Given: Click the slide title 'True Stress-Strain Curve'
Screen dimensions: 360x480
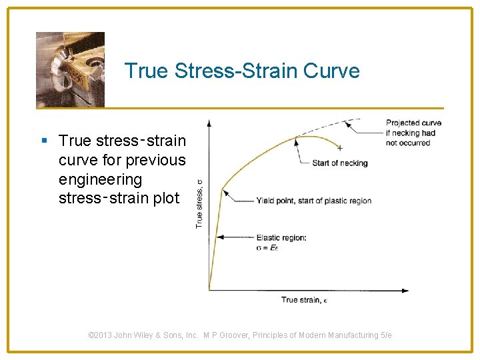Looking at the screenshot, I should [x=242, y=71].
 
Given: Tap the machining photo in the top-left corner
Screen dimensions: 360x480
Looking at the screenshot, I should [x=70, y=69].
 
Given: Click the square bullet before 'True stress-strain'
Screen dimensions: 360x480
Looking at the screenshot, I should [x=44, y=141].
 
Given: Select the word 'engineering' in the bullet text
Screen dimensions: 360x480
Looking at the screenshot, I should [x=100, y=180].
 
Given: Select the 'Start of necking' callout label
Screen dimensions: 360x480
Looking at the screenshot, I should [x=339, y=163].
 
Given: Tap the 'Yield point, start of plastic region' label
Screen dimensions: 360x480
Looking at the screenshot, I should [x=313, y=201].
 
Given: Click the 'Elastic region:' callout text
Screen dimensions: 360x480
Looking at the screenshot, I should [x=281, y=238].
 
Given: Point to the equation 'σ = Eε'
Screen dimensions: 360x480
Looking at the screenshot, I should [x=267, y=247].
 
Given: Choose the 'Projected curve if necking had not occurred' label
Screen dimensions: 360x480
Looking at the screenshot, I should [x=413, y=133].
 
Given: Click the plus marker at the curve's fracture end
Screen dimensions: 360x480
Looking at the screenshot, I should [x=340, y=148].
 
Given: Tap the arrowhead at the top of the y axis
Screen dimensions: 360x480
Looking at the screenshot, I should [x=209, y=123].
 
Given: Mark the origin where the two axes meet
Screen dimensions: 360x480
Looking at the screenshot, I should [x=209, y=290].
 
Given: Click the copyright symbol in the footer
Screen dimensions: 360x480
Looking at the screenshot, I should [x=91, y=335].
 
